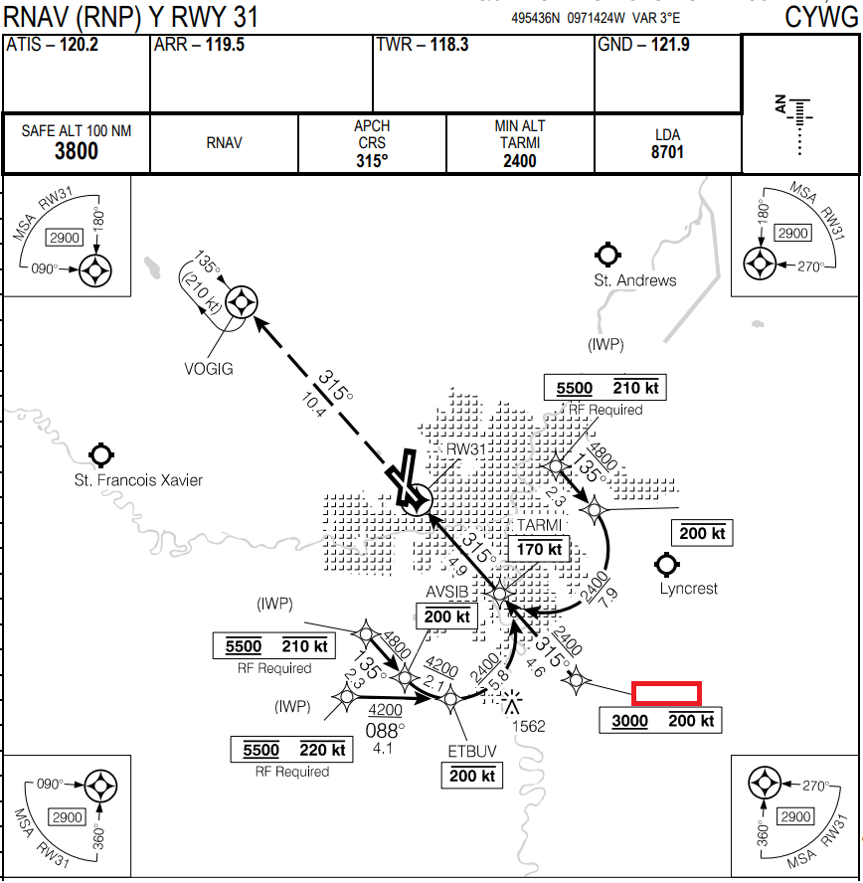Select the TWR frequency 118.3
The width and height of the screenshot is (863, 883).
448,45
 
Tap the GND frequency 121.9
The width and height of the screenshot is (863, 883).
670,45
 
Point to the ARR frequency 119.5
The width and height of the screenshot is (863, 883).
226,45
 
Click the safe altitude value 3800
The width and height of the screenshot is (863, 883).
76,151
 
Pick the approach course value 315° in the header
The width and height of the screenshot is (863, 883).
372,161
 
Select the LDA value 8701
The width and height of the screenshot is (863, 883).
667,152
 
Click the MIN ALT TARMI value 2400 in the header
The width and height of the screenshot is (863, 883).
519,161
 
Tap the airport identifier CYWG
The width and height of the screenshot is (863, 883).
819,17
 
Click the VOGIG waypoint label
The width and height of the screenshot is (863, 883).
209,369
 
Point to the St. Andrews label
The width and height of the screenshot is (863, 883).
635,280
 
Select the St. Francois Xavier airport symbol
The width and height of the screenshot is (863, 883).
99,455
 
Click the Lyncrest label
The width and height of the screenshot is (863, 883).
688,589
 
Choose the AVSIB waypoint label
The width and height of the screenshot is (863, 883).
447,594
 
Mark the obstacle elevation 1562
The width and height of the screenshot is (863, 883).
528,726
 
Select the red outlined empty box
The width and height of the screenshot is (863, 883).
668,693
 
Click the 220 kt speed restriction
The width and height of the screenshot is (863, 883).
322,750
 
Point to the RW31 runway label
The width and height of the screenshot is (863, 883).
465,448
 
